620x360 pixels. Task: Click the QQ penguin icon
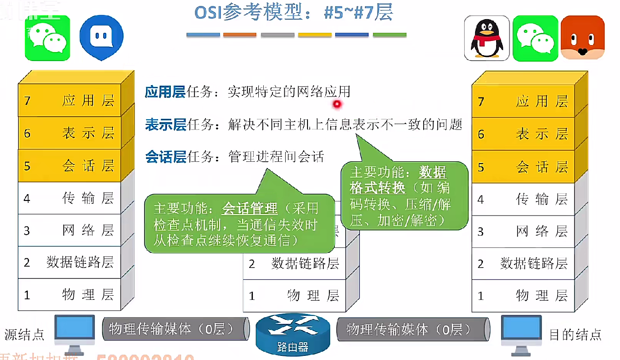(487, 38)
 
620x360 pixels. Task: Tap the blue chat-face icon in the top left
(101, 38)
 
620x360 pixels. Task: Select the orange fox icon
(583, 38)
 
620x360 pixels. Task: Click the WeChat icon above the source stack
(47, 38)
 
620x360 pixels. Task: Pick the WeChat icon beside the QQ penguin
(535, 38)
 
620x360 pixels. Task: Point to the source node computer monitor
(74, 331)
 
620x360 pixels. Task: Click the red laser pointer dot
(337, 105)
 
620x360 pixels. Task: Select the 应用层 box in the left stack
(69, 100)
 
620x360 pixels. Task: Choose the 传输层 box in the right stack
(523, 199)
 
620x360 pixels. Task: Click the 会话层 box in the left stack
(69, 166)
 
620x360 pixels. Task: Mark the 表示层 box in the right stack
(523, 134)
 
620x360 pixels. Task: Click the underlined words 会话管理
(249, 209)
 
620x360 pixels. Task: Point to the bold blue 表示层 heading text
(165, 124)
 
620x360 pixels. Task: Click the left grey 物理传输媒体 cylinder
(175, 329)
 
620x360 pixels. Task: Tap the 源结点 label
(25, 335)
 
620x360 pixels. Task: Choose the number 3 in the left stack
(27, 231)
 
